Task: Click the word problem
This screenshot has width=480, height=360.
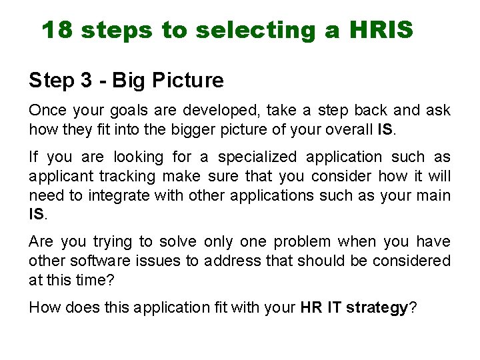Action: point(302,242)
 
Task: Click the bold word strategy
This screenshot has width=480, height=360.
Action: point(377,308)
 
